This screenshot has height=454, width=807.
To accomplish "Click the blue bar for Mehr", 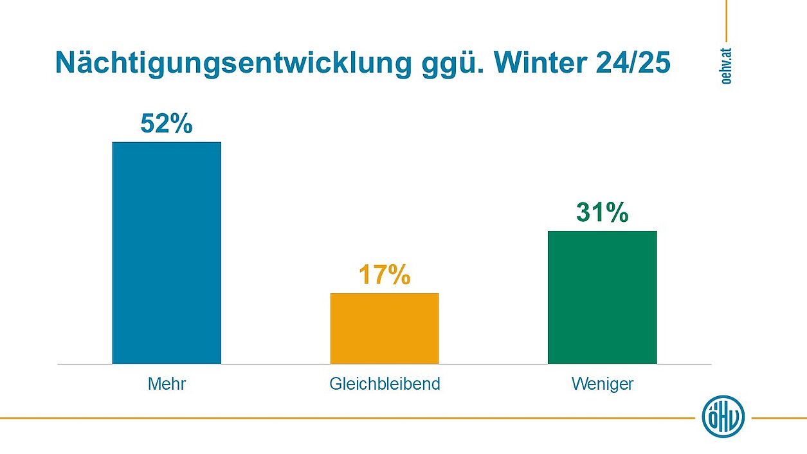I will click(167, 252).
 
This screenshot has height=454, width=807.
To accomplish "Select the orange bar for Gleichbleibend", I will click(385, 328).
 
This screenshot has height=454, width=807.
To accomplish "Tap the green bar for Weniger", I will click(602, 296).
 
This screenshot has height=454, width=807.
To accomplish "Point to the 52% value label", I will click(167, 124).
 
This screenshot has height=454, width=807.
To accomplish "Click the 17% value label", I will click(385, 275).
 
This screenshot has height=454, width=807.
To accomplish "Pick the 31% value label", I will click(602, 213).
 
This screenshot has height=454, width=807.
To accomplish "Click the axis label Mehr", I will click(167, 385).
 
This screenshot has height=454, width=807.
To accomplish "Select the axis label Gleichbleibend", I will click(385, 385).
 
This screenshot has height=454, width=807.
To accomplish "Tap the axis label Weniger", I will click(602, 385).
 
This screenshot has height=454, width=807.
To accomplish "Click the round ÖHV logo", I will click(723, 417).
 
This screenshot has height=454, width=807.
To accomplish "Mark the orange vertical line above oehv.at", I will click(726, 21).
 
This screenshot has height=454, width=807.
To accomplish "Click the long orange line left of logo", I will click(347, 418).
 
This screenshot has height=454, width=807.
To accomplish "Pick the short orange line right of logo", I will click(779, 418).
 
